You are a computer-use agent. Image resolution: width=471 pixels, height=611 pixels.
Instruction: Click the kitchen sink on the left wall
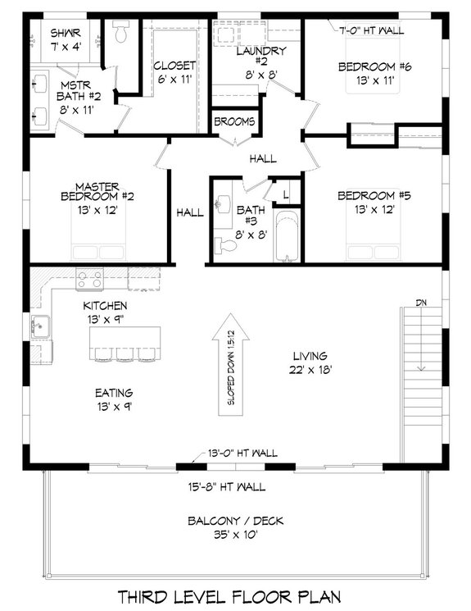pos(38,326)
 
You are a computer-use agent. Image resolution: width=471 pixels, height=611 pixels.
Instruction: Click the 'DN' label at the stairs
pos(422,303)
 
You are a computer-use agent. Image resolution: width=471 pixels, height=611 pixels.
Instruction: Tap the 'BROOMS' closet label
pos(234,121)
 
